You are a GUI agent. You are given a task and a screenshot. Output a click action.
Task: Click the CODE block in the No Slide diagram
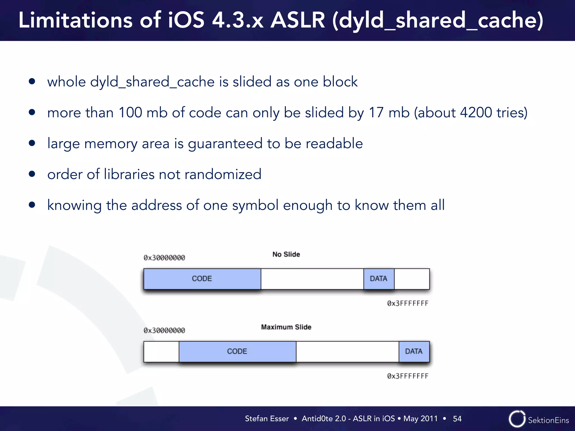[202, 279]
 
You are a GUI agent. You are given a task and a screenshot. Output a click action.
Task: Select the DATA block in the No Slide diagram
[379, 279]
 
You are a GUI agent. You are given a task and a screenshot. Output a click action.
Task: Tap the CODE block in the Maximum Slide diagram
[237, 351]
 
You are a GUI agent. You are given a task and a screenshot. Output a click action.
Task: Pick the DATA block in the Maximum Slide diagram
[414, 351]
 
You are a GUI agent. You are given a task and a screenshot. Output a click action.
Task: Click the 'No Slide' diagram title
[286, 254]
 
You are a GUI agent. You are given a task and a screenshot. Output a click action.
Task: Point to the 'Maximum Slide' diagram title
[286, 327]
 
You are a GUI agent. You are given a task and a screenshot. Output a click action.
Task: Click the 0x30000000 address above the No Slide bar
[164, 258]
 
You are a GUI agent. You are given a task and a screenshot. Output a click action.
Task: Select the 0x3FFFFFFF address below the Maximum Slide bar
[408, 376]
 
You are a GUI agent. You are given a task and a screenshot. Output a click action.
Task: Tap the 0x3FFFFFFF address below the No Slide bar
[408, 303]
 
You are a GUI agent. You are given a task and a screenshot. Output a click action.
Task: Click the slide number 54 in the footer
[457, 419]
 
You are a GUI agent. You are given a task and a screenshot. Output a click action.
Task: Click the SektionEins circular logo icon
[517, 419]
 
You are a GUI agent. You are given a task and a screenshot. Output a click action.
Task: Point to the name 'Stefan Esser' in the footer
[267, 419]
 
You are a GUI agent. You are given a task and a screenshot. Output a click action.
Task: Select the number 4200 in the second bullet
[476, 113]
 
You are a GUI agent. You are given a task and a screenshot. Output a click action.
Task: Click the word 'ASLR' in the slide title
[298, 20]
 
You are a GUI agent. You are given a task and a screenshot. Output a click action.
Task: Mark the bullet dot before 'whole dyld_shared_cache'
[32, 82]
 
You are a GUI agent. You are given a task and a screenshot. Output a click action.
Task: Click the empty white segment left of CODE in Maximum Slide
[161, 351]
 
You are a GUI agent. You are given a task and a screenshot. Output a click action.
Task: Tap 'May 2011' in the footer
[420, 419]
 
